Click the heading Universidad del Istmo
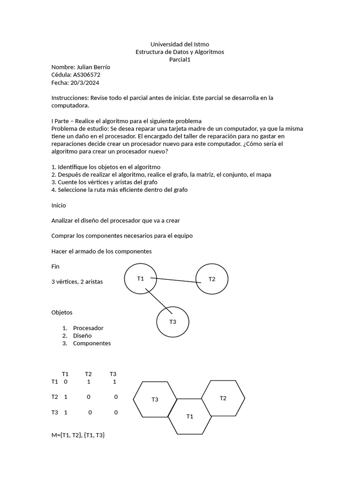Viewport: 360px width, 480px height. (x=180, y=44)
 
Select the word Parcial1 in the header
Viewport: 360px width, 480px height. (x=180, y=60)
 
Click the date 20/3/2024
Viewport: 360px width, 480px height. (x=85, y=82)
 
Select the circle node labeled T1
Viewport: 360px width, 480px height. (x=141, y=278)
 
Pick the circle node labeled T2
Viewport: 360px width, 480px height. (x=212, y=279)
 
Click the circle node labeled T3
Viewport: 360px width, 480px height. (x=172, y=322)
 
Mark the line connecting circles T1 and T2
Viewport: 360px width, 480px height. (x=176, y=280)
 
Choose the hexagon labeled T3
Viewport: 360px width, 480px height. (x=155, y=399)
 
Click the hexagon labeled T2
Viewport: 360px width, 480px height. (x=223, y=398)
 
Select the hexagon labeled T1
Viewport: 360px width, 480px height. (x=189, y=416)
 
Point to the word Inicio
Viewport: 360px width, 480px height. (x=59, y=205)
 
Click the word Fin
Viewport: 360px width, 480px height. (x=55, y=266)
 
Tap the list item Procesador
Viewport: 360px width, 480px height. (x=88, y=328)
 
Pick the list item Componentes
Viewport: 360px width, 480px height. (x=92, y=343)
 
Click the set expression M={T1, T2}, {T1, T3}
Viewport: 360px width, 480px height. (x=78, y=435)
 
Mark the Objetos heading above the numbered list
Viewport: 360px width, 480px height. (x=62, y=312)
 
